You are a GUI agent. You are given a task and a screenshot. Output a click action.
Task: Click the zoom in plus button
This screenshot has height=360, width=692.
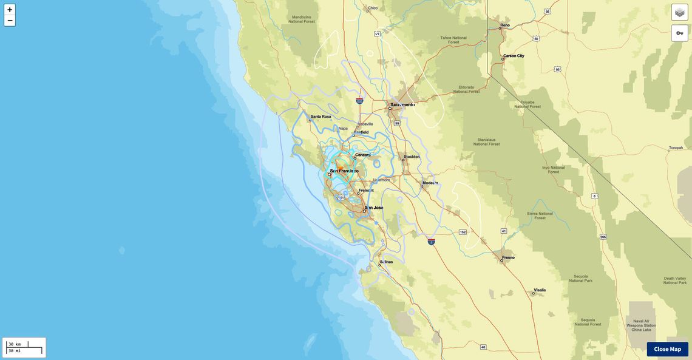[10, 10]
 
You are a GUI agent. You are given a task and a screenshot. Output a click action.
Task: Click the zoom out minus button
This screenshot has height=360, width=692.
[10, 21]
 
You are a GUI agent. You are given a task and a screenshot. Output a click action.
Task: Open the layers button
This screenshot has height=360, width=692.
[679, 12]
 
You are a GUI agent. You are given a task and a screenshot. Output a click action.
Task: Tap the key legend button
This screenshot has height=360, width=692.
[679, 33]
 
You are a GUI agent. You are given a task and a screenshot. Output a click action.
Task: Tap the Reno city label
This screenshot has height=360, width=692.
[505, 25]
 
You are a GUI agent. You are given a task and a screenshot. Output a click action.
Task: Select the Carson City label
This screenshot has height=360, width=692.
[514, 56]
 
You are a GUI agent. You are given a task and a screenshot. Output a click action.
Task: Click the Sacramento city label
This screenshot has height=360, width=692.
[402, 104]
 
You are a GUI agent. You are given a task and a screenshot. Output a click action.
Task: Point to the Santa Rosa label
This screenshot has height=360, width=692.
[321, 117]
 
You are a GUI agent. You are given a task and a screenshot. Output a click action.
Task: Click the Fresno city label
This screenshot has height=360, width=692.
[508, 257]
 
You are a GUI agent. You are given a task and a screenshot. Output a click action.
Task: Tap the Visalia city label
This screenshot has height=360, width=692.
[539, 290]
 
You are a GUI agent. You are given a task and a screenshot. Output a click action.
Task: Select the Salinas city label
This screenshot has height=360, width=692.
[386, 262]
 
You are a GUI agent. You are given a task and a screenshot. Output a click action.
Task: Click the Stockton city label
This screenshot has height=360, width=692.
[412, 157]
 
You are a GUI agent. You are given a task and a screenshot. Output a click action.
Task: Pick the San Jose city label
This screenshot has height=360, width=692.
[374, 208]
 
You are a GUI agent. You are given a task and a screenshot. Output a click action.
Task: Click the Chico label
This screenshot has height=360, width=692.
[373, 8]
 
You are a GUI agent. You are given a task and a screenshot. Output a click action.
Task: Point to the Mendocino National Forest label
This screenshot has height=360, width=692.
[301, 19]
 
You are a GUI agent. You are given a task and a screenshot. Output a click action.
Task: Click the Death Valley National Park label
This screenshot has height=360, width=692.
[674, 280]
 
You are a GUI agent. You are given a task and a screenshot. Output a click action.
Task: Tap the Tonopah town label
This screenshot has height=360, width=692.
[676, 148]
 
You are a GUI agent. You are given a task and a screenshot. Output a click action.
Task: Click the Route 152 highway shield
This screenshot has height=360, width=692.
[463, 232]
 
